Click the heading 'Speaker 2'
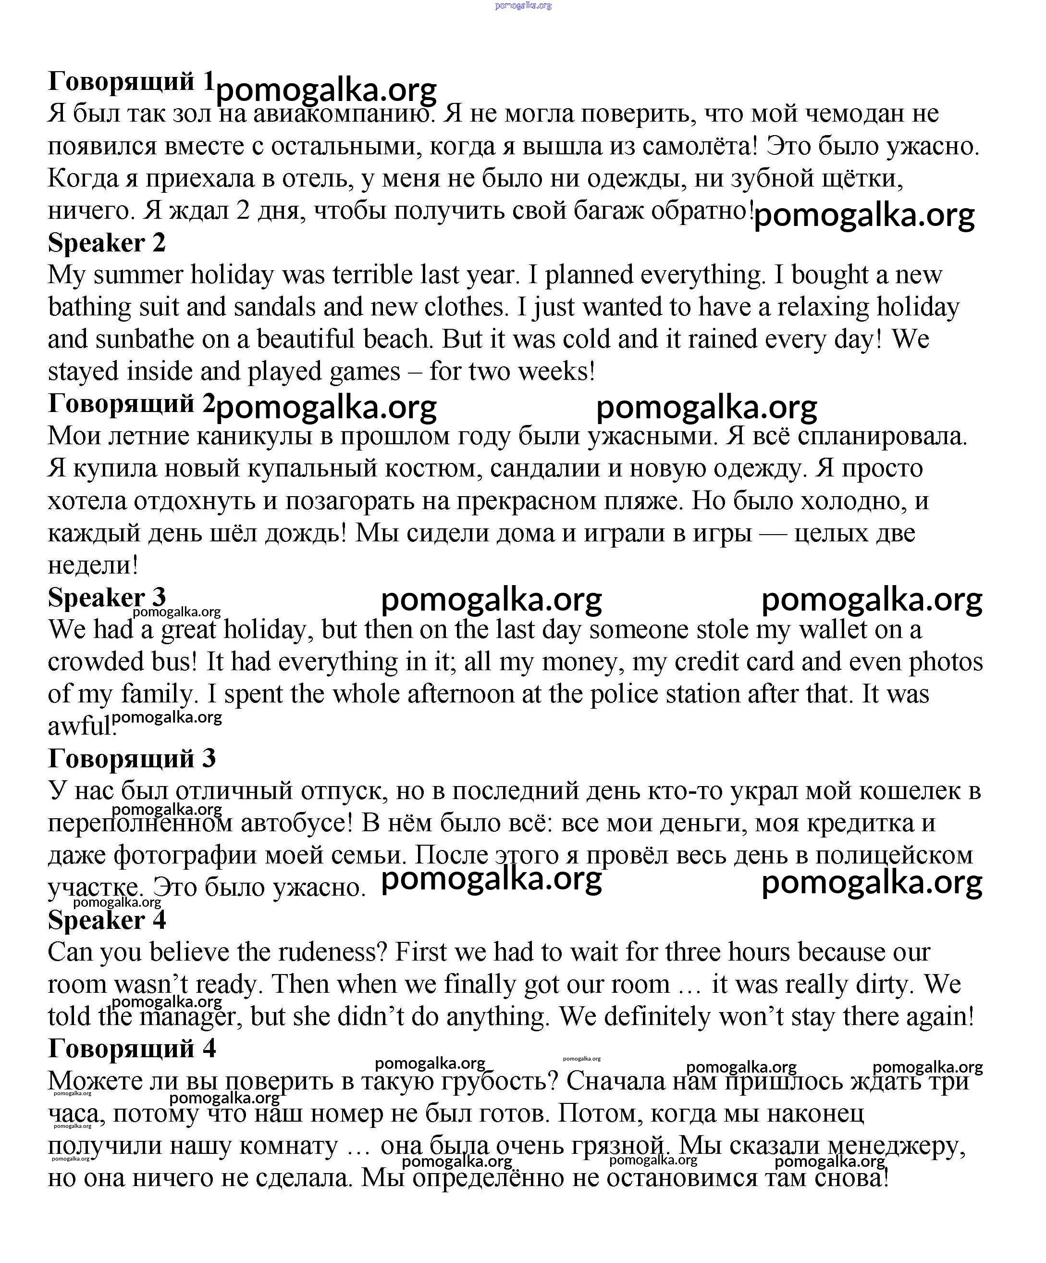[106, 243]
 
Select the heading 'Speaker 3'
[106, 597]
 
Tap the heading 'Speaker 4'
[106, 920]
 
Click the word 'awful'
[79, 726]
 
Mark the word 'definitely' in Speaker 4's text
[657, 1017]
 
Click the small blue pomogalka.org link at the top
[522, 5]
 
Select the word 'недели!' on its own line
[93, 565]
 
